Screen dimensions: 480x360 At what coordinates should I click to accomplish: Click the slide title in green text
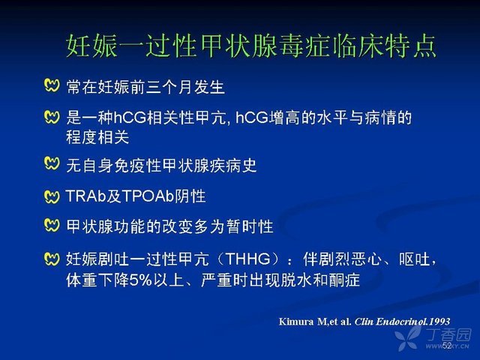251,46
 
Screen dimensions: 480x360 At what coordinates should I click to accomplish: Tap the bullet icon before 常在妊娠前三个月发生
52,85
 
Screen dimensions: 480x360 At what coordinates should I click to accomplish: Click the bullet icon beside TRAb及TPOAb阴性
52,196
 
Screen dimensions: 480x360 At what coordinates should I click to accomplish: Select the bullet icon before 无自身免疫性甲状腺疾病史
52,163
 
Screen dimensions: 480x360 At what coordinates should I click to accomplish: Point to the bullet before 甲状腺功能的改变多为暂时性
52,226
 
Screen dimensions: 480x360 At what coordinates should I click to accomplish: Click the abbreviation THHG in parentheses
248,259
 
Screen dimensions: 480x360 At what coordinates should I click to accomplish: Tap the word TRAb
85,196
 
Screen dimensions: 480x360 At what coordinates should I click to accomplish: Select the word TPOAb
148,196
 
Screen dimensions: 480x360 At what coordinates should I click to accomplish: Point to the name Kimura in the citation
296,322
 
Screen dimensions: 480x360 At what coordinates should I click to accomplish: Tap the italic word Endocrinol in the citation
401,322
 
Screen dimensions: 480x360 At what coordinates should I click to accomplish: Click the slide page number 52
447,345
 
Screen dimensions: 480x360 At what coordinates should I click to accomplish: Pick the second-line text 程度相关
97,137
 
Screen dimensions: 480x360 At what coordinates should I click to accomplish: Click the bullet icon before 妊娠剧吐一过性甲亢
52,259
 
